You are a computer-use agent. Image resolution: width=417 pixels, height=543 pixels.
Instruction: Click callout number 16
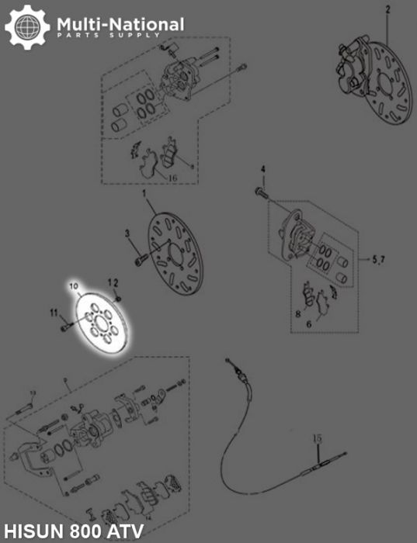172,178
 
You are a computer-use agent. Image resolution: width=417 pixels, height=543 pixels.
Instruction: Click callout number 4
262,170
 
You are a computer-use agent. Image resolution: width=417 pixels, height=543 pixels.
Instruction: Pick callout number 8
297,313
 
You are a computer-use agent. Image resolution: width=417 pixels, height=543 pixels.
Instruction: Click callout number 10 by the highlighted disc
75,287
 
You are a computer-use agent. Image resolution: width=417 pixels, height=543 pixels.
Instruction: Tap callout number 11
54,313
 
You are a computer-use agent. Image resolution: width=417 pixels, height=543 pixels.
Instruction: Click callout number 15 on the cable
317,439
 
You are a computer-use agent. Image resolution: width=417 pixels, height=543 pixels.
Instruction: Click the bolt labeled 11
64,327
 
